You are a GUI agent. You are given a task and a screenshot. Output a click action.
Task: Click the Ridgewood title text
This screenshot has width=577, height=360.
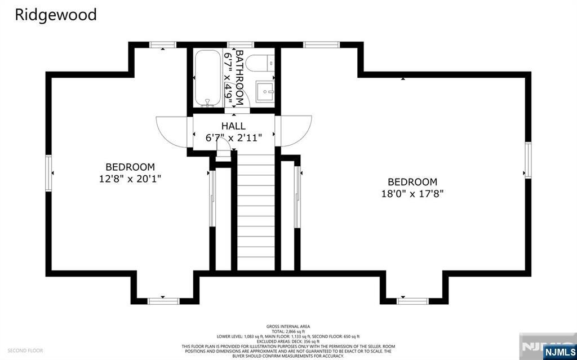56,15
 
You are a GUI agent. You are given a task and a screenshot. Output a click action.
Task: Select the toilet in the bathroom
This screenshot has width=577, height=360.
260,63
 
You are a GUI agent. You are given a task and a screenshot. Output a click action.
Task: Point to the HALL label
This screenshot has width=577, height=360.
233,126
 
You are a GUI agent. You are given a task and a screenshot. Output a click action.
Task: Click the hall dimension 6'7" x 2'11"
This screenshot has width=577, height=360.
233,137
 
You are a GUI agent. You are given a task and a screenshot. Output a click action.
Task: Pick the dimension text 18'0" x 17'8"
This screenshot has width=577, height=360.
412,194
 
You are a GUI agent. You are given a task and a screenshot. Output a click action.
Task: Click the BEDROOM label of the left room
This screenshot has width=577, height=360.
130,167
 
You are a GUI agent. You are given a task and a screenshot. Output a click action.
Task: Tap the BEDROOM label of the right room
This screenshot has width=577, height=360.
412,182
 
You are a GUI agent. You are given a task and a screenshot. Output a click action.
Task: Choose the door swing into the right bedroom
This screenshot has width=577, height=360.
295,131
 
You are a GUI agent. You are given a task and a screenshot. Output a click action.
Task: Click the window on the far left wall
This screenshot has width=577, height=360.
49,174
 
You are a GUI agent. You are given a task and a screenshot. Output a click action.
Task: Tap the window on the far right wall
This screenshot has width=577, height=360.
528,161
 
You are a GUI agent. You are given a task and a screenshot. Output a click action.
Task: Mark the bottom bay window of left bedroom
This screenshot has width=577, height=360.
163,300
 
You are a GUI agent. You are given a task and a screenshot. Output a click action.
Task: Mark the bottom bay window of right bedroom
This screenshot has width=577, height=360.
412,300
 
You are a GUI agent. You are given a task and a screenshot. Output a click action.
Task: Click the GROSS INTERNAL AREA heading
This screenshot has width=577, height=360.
288,326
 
